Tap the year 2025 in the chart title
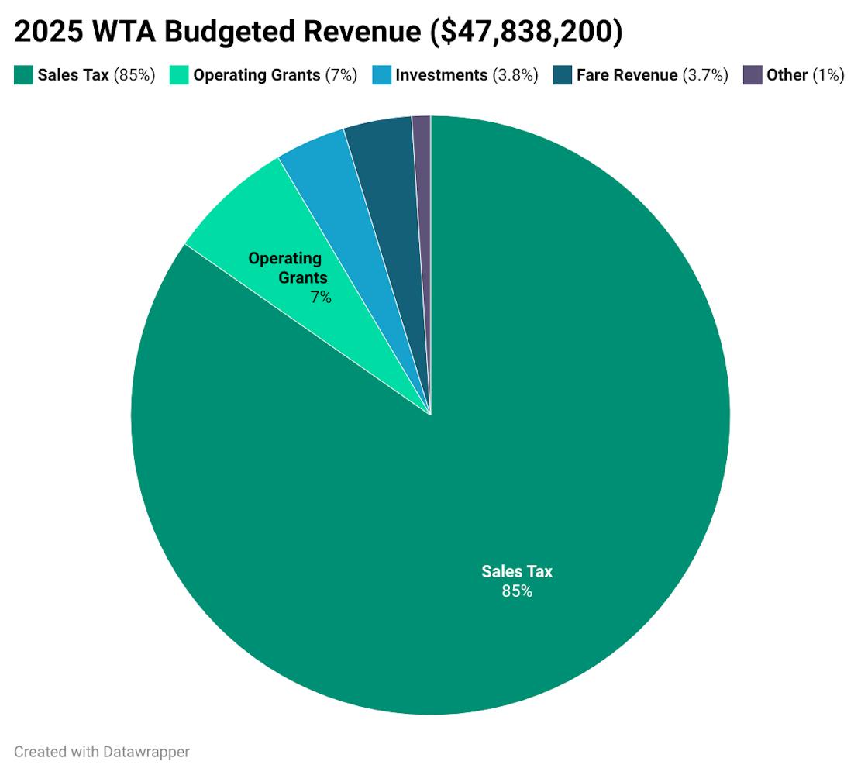46,33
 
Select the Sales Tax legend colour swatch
23,75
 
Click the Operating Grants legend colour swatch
179,75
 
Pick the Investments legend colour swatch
381,75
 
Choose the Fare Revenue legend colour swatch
563,75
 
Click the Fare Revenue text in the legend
627,75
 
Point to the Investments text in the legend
441,75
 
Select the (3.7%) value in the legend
705,75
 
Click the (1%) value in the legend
828,75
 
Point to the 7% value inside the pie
321,297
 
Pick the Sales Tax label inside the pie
517,572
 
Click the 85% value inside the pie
517,591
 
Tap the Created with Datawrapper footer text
102,751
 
